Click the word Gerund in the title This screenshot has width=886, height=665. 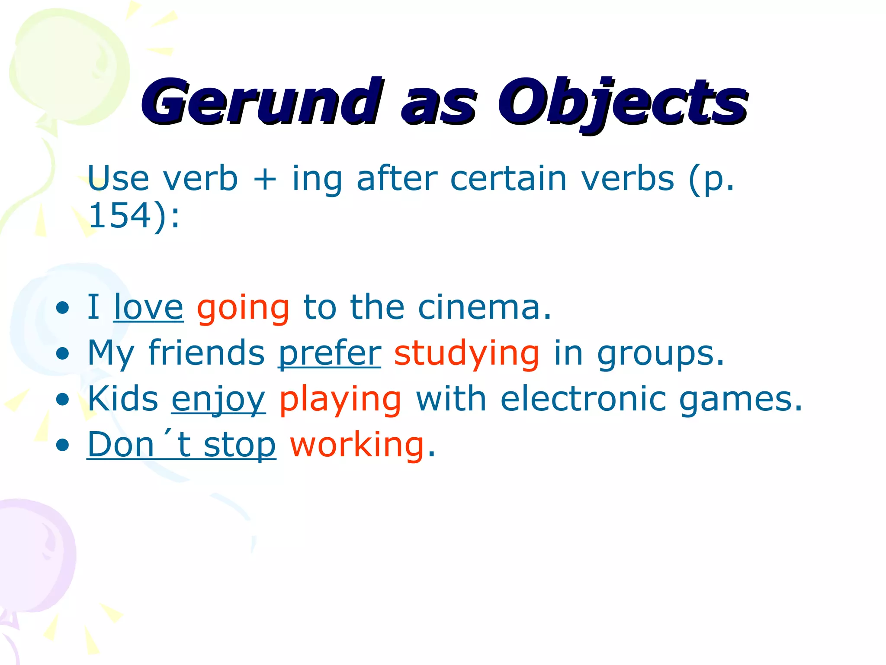tap(262, 103)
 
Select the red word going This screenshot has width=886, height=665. tap(243, 308)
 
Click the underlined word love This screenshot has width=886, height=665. tap(148, 307)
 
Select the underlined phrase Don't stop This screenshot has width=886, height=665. tap(181, 445)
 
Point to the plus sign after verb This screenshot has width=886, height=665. tap(265, 179)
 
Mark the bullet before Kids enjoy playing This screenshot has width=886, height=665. tap(63, 400)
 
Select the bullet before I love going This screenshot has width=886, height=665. tap(63, 308)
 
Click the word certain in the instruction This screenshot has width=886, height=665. tap(508, 178)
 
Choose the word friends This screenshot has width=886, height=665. tap(206, 353)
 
